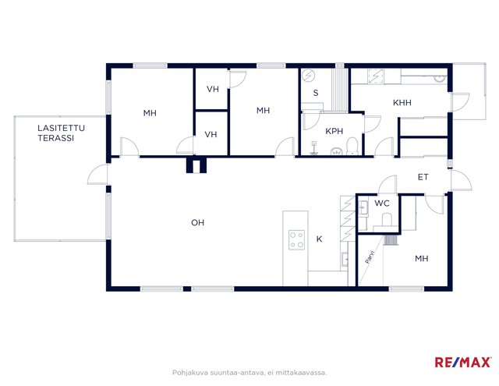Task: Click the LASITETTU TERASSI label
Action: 61,133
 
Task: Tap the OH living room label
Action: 197,223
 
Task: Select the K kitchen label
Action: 319,239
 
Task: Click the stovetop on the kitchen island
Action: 296,240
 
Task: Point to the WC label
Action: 382,203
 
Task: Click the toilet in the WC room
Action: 387,220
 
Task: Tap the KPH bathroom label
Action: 334,131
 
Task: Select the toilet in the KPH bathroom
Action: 352,147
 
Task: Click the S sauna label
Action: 316,93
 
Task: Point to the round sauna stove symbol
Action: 308,76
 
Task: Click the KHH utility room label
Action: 402,103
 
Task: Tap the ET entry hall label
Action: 423,177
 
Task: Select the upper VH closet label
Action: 213,89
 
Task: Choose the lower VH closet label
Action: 211,135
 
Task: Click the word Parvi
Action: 370,257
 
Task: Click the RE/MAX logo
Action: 462,362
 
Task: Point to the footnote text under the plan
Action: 249,372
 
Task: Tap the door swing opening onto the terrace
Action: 97,175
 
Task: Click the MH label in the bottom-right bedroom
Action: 422,259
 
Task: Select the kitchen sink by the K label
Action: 345,259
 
